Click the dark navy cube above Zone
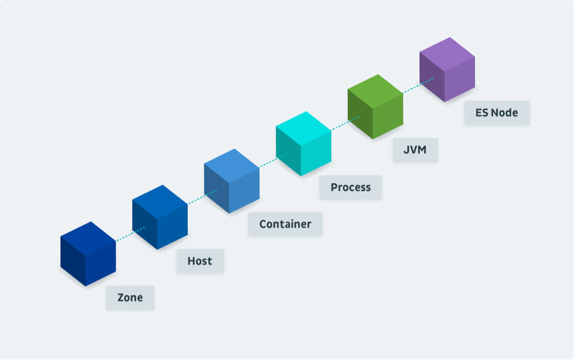[x=88, y=254]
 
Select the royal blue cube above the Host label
[x=160, y=217]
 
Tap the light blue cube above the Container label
[x=232, y=181]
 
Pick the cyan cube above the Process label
[x=303, y=144]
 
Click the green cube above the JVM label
[x=375, y=107]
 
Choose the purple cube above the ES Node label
[x=447, y=70]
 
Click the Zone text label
[x=130, y=298]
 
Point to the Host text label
[x=200, y=261]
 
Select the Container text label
[x=285, y=224]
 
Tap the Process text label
[x=351, y=187]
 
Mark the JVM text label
[x=415, y=150]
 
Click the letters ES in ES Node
[x=482, y=113]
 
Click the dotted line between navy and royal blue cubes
[x=130, y=234]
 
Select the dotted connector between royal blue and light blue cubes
[x=202, y=197]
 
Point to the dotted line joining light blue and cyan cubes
[x=274, y=160]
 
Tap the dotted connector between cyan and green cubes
[x=346, y=123]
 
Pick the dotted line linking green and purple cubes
[x=417, y=85]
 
